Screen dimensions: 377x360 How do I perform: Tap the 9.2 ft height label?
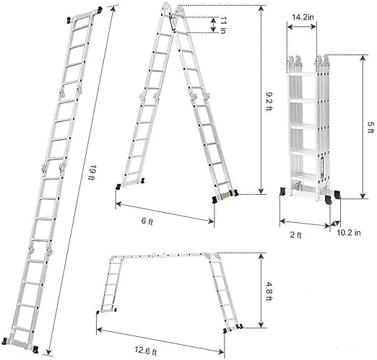(x=269, y=101)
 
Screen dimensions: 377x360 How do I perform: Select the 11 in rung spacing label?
(x=223, y=25)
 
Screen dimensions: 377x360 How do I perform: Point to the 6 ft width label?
(x=147, y=221)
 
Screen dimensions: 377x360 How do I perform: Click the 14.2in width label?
(x=303, y=17)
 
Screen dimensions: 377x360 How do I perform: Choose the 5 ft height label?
(x=370, y=128)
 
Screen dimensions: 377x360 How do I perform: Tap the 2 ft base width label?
(x=295, y=234)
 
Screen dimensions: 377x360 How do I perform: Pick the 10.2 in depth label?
(x=349, y=232)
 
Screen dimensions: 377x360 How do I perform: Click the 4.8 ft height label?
(x=269, y=291)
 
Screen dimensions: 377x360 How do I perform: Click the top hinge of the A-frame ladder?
(x=173, y=9)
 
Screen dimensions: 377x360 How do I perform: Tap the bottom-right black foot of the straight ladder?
(x=35, y=349)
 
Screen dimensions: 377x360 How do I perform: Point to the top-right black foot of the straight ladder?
(x=100, y=10)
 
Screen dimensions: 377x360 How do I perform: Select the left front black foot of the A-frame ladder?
(x=118, y=187)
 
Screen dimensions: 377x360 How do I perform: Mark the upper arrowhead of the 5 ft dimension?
(x=363, y=58)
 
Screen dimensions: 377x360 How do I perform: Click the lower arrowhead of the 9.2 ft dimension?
(x=261, y=191)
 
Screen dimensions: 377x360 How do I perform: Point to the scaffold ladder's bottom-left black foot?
(x=97, y=312)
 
